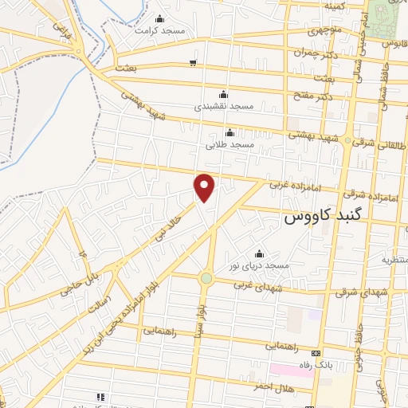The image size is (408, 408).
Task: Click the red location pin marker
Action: (206, 187)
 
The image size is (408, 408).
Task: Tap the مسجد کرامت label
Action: (159, 30)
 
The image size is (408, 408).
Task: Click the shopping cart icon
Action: (193, 62)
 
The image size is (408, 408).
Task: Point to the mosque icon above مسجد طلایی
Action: (230, 132)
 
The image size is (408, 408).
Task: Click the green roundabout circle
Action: (206, 278)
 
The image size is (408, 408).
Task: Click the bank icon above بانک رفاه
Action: (317, 352)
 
